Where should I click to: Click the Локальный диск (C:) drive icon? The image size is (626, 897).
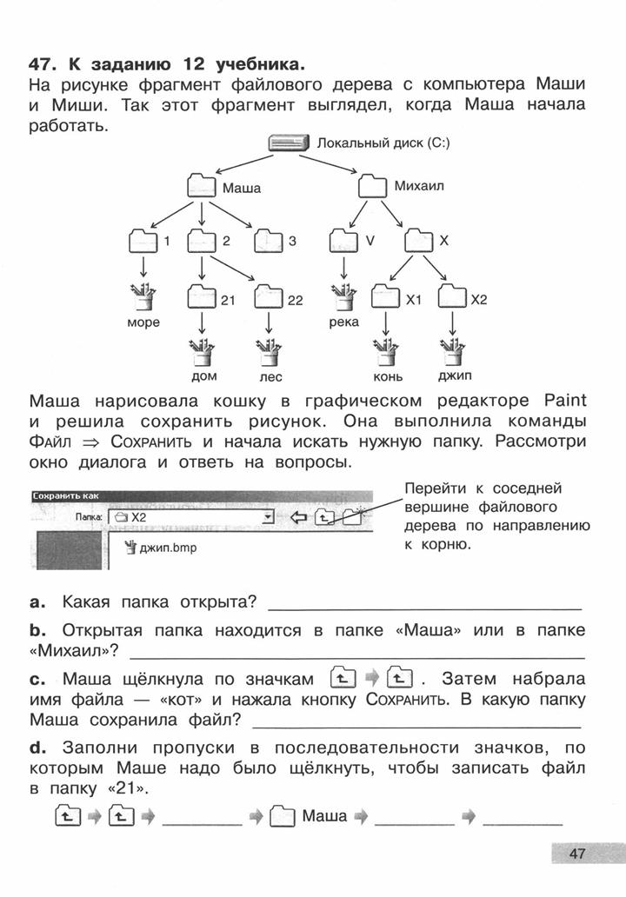(x=289, y=143)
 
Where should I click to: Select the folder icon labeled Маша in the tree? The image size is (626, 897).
(x=202, y=187)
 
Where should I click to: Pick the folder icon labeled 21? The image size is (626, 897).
(x=202, y=297)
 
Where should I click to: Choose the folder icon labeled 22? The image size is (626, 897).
(x=269, y=297)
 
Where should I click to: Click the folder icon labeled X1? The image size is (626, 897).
(x=386, y=296)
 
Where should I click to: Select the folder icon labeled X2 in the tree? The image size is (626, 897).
(x=452, y=296)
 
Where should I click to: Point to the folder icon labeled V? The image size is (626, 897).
(x=344, y=240)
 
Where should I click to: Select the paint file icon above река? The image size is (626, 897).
(x=344, y=296)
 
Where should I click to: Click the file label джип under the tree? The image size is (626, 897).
(x=455, y=375)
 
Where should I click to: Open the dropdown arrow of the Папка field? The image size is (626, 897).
(x=267, y=518)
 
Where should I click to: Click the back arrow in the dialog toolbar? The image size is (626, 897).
(x=299, y=518)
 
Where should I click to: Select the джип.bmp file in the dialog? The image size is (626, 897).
(x=161, y=548)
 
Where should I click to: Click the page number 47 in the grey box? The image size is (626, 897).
(x=576, y=854)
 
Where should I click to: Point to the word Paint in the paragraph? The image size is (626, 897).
(x=565, y=400)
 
